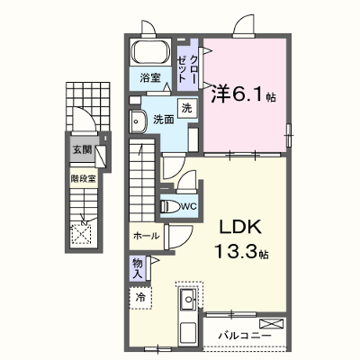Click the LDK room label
(x=240, y=228)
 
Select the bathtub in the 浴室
(x=150, y=52)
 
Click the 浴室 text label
(x=150, y=78)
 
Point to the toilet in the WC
(x=170, y=206)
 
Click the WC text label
(x=188, y=206)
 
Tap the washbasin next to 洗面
(x=138, y=121)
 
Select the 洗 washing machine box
(x=187, y=108)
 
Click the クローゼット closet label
(x=187, y=69)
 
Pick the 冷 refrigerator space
(x=140, y=298)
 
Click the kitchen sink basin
(x=188, y=299)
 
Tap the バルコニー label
(x=245, y=336)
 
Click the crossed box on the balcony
(x=272, y=324)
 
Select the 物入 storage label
(x=138, y=268)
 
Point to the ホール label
(x=146, y=236)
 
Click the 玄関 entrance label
(x=82, y=149)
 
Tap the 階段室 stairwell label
(x=83, y=179)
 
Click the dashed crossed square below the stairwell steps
(x=81, y=234)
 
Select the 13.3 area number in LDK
(x=236, y=251)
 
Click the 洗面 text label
(x=164, y=120)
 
